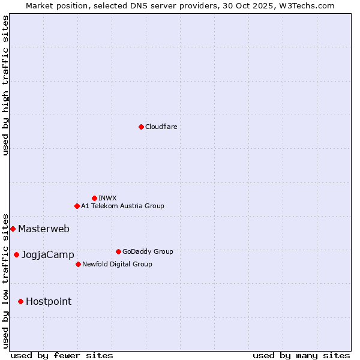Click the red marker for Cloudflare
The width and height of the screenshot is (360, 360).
pos(141,127)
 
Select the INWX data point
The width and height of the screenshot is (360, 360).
pos(94,198)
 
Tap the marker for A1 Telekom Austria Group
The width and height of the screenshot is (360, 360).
pos(77,206)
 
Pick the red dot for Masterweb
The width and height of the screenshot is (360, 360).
pos(13,229)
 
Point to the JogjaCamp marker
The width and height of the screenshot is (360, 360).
pos(16,254)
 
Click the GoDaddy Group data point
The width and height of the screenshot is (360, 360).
pos(118,251)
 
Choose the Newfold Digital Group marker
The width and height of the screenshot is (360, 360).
pos(78,264)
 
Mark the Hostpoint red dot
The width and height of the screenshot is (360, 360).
pos(20,301)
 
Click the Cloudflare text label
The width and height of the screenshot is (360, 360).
pos(161,127)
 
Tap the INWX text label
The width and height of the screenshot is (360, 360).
pos(107,198)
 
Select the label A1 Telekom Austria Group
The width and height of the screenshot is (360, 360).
pos(122,206)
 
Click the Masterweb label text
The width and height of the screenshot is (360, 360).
pos(44,229)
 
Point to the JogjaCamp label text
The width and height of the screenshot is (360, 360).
pos(48,255)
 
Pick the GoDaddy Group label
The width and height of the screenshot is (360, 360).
pos(148,251)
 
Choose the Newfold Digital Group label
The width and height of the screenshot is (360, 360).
pos(117,264)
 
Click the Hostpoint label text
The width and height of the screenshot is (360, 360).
pos(49,302)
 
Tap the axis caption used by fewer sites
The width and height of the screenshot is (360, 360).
pos(62,355)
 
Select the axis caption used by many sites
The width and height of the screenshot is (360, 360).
pos(301,355)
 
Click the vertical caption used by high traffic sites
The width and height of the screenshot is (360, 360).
pos(6,85)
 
